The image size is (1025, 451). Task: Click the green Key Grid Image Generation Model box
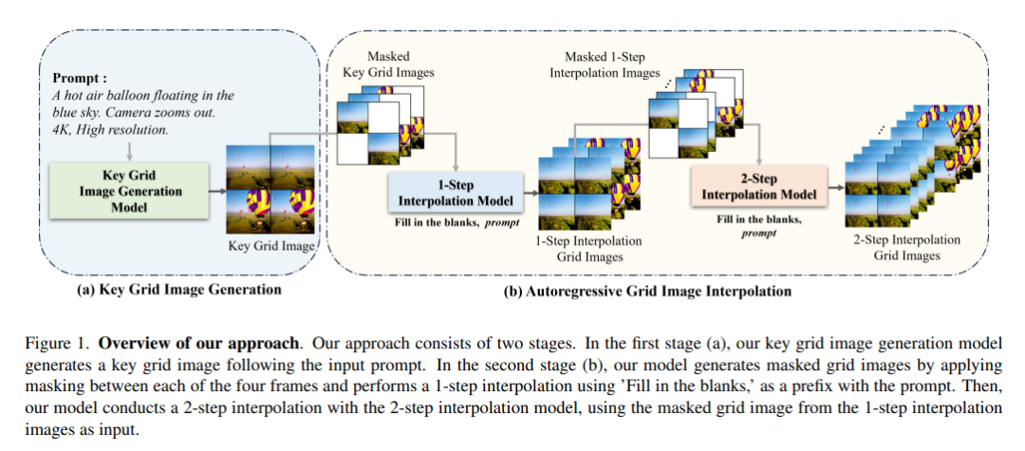[129, 191]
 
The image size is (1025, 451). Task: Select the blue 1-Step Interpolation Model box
[456, 193]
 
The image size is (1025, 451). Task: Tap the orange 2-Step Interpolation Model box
[758, 186]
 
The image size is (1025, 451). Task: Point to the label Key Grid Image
[272, 246]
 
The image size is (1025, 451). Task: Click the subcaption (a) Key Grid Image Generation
[178, 290]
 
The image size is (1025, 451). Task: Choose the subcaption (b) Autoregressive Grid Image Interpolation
[645, 291]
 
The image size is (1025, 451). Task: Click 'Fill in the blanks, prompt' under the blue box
[455, 223]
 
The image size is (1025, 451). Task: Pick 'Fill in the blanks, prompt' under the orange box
[758, 225]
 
